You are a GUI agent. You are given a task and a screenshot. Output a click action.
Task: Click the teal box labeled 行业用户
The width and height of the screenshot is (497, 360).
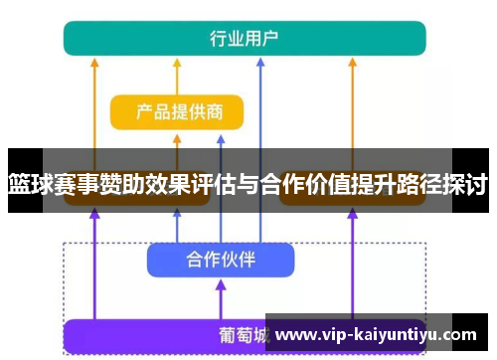245,38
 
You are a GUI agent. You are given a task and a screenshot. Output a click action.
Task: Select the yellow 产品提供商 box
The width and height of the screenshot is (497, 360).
177,111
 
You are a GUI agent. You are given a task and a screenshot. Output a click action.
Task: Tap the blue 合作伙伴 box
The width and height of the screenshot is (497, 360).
221,260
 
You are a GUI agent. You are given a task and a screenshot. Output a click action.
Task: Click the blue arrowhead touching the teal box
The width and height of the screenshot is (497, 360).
259,61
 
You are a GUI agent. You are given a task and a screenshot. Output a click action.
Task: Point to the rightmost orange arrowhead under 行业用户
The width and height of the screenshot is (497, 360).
354,61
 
